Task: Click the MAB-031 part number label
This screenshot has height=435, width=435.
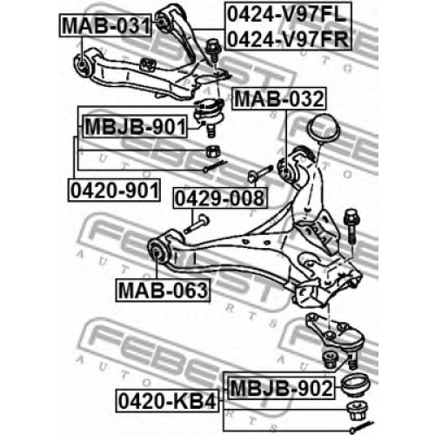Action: (x=105, y=25)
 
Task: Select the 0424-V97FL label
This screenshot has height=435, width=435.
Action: (x=287, y=14)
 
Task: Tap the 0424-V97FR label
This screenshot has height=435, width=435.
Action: (x=287, y=38)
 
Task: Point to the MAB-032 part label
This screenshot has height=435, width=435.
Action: (x=279, y=98)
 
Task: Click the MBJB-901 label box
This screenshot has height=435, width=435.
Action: (x=135, y=126)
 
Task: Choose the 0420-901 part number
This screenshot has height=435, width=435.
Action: (x=114, y=191)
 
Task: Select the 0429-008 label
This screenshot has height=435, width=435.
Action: (x=220, y=198)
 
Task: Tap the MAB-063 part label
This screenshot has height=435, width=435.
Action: (x=163, y=290)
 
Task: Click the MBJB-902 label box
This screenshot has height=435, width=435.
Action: (x=281, y=388)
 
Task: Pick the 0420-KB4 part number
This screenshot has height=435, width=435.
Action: (x=167, y=401)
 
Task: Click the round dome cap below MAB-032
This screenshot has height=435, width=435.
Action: (x=323, y=129)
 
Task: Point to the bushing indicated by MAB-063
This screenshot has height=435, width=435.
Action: (x=157, y=250)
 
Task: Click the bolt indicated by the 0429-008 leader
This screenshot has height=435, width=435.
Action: (x=197, y=224)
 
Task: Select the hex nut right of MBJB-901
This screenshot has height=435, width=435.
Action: (x=213, y=151)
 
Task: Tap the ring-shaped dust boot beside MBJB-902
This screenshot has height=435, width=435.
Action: (x=355, y=385)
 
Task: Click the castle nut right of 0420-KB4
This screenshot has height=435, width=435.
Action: (x=358, y=410)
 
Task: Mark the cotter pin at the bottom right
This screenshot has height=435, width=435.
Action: (x=362, y=427)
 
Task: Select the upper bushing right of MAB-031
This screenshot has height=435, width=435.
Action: (x=163, y=21)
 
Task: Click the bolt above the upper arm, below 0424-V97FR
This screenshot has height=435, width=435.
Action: (x=213, y=50)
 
